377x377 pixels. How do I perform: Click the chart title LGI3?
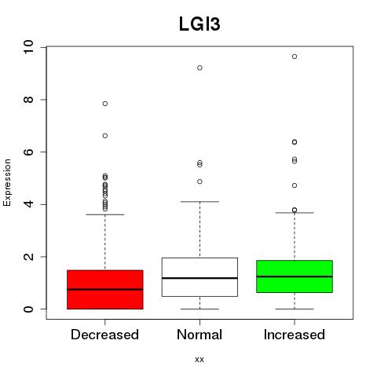199,24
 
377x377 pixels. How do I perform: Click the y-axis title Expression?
7,182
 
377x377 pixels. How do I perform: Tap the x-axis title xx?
199,360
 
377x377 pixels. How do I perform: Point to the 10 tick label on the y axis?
28,47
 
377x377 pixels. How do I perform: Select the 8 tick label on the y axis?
28,100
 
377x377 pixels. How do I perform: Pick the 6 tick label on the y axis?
28,152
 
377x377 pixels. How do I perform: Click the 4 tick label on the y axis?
28,204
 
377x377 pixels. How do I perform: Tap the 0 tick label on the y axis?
28,309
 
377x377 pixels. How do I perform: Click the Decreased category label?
104,335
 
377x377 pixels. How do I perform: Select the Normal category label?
199,335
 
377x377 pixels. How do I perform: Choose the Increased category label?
295,335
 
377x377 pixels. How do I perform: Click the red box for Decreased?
105,290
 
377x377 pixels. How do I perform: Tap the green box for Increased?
295,276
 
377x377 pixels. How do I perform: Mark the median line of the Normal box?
199,278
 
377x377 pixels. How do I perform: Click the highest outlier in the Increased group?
295,57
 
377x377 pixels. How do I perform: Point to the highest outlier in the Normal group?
199,68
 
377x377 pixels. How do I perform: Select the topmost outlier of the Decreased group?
105,104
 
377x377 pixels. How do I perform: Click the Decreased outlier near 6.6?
105,136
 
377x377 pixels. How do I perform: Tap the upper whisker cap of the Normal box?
199,202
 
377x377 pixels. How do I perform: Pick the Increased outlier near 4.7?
295,185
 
